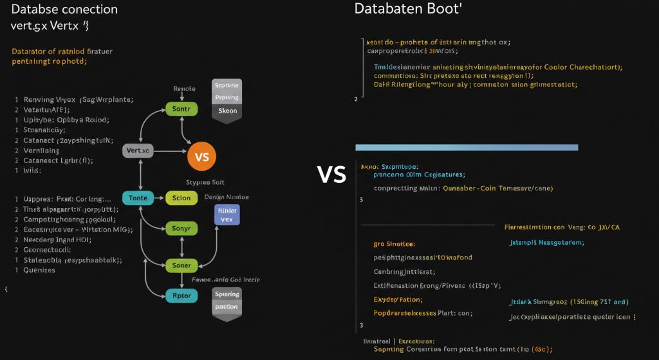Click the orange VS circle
pyautogui.click(x=201, y=156)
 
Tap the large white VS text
pyautogui.click(x=332, y=174)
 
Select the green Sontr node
pyautogui.click(x=181, y=109)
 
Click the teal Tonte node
pyautogui.click(x=138, y=198)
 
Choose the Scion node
pyautogui.click(x=181, y=198)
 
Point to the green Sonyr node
pyautogui.click(x=181, y=229)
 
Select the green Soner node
pyautogui.click(x=181, y=265)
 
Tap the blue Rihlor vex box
pyautogui.click(x=226, y=214)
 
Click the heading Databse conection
pyautogui.click(x=64, y=10)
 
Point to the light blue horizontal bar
pyautogui.click(x=467, y=147)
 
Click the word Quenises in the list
pyautogui.click(x=39, y=270)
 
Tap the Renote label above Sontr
pyautogui.click(x=184, y=89)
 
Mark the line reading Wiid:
pyautogui.click(x=32, y=171)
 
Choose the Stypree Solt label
pyautogui.click(x=205, y=182)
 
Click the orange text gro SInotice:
pyautogui.click(x=394, y=245)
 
